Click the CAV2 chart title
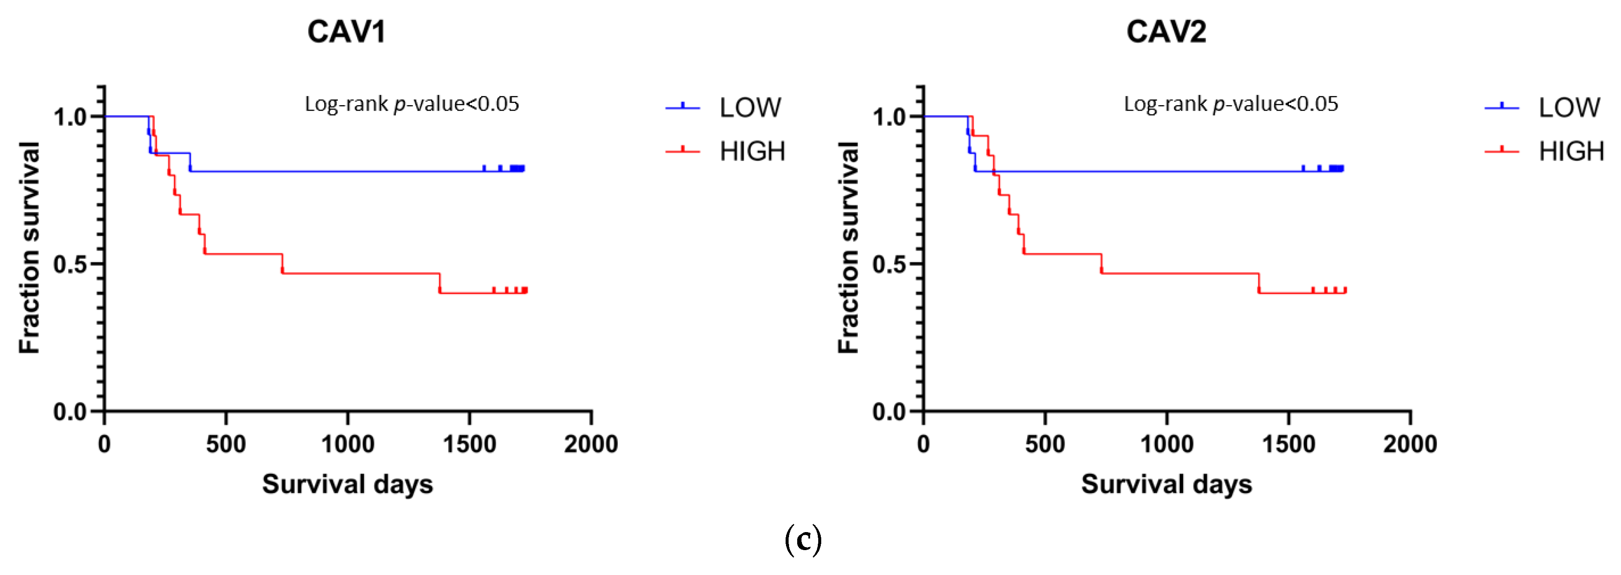coord(1166,31)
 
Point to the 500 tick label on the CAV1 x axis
coord(226,444)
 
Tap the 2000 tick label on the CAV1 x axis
coord(590,444)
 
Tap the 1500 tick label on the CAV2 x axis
coord(1288,444)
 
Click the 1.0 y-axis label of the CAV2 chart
coord(889,117)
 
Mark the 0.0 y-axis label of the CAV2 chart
coord(889,412)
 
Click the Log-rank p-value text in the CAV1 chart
coord(412,104)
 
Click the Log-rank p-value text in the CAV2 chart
coord(1231,104)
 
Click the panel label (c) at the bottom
coord(803,540)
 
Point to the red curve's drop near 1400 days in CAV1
coord(439,283)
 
